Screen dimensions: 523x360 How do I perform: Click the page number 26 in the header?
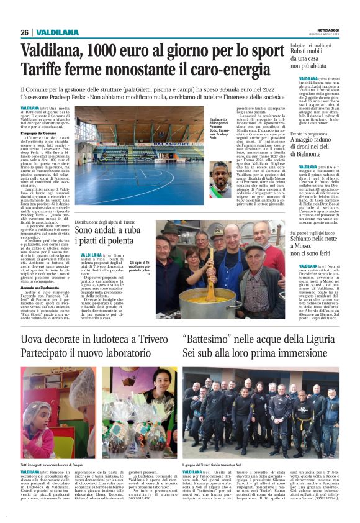[x=25, y=32]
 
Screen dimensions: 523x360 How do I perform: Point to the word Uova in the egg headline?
[x=32, y=340]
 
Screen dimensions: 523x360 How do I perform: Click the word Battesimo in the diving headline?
[x=215, y=340]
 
